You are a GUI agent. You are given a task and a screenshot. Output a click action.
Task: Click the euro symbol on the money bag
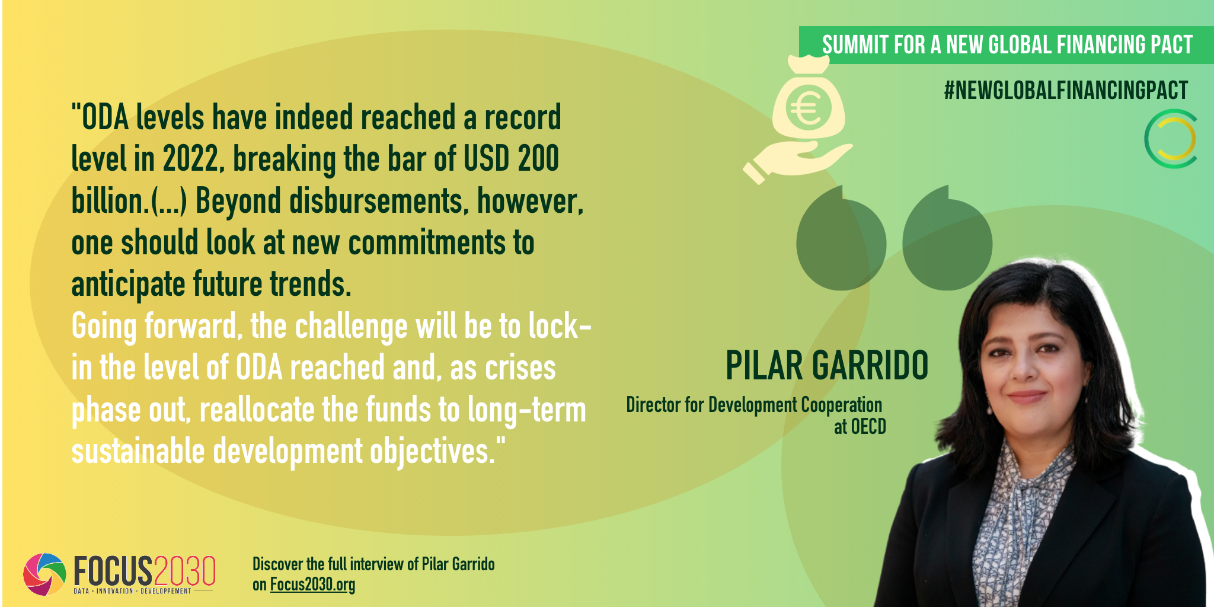tap(807, 108)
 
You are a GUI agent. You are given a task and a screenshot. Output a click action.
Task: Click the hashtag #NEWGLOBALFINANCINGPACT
tap(1066, 90)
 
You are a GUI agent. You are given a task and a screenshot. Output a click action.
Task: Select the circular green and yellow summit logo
tap(1170, 139)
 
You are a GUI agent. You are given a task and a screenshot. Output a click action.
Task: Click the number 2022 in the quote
tap(191, 159)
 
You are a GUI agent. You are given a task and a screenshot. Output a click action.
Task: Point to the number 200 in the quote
tap(538, 158)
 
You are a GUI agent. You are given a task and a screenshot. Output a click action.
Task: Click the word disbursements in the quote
tap(376, 201)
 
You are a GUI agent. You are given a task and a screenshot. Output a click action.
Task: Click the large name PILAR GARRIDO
tap(827, 365)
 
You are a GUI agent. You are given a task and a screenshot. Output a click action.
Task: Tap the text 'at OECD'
tap(860, 427)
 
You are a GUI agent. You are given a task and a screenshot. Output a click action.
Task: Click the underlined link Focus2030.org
tap(312, 584)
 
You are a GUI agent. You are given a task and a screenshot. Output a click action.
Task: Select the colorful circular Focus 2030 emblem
tap(44, 574)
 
